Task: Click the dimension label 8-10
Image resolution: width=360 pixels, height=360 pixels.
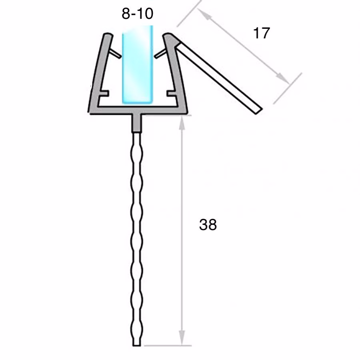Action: click(x=137, y=14)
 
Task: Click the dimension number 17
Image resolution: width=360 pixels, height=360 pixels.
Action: click(x=262, y=33)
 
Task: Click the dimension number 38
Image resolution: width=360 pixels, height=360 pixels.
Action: click(x=208, y=225)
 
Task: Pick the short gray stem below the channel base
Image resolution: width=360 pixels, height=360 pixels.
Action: click(x=137, y=124)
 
